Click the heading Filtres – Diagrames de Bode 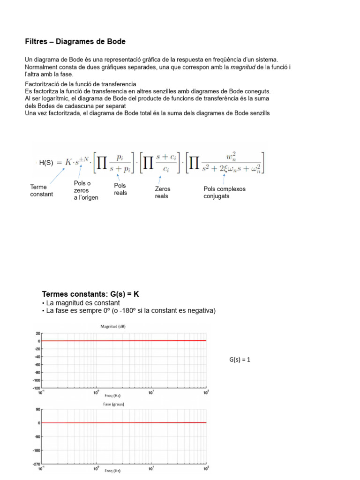pos(75,42)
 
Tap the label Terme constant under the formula pos(42,190)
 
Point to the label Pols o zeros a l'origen pos(86,190)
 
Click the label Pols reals pos(120,189)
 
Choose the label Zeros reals pos(163,193)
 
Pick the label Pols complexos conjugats pos(224,193)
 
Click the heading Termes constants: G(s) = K pos(90,294)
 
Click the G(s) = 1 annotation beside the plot pos(240,360)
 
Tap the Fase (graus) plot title pos(114,404)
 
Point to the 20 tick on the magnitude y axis pos(38,333)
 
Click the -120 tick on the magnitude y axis pos(36,388)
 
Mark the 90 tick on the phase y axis pos(38,409)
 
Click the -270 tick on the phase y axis pos(37,464)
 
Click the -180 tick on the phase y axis pos(37,450)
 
